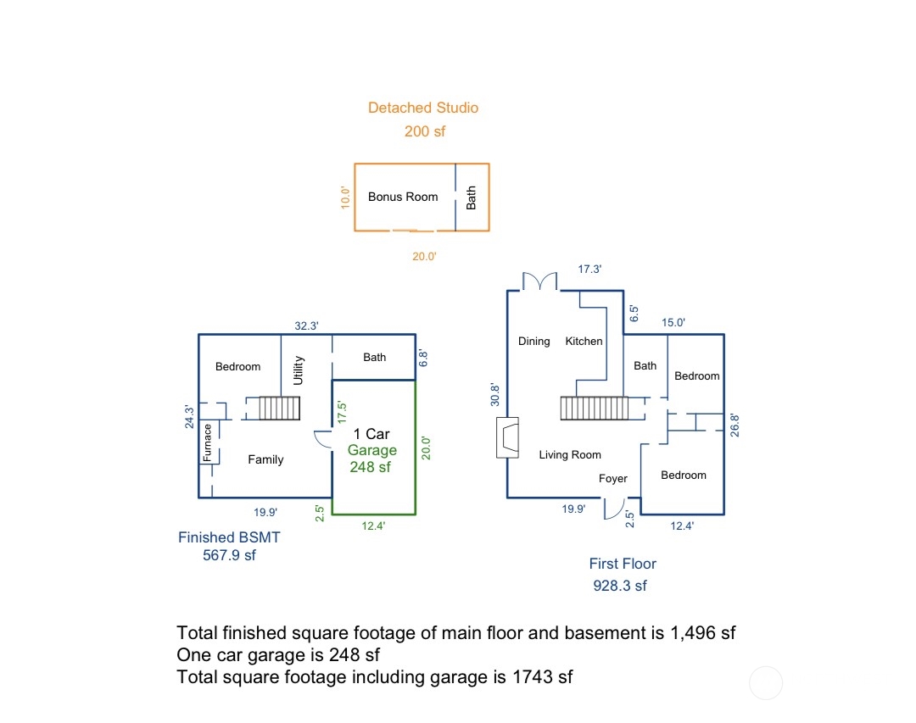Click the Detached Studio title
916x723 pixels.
click(x=422, y=108)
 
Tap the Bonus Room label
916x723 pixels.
click(x=403, y=197)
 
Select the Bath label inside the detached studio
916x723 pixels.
click(x=472, y=197)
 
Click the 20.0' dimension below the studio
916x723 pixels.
click(x=424, y=256)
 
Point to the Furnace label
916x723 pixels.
click(x=207, y=442)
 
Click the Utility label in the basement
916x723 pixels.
click(x=299, y=370)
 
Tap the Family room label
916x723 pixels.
click(x=265, y=459)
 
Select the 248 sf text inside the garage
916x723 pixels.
click(x=371, y=467)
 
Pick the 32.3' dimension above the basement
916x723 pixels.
click(x=306, y=325)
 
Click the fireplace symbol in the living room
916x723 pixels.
click(x=507, y=437)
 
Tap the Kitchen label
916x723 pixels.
click(x=584, y=341)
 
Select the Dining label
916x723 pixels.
click(x=533, y=341)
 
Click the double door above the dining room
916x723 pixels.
click(x=539, y=281)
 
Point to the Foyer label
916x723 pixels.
click(x=612, y=479)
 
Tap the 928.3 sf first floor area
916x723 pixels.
click(x=619, y=586)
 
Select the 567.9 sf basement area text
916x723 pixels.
click(x=229, y=555)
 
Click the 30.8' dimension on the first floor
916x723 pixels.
click(x=495, y=395)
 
